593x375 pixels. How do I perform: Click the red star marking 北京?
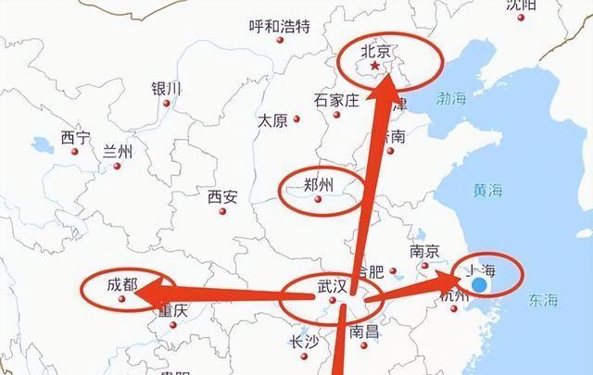click(x=374, y=67)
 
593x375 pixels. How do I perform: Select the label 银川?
click(x=167, y=89)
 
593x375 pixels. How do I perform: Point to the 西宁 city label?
click(x=76, y=138)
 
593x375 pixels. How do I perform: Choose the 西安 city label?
click(x=222, y=196)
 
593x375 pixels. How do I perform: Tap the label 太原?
click(x=272, y=120)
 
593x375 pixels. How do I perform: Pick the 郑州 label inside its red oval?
click(x=320, y=185)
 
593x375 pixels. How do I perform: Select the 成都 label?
click(x=121, y=284)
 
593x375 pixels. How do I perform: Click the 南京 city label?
click(x=423, y=251)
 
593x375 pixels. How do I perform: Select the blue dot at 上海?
click(x=480, y=285)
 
